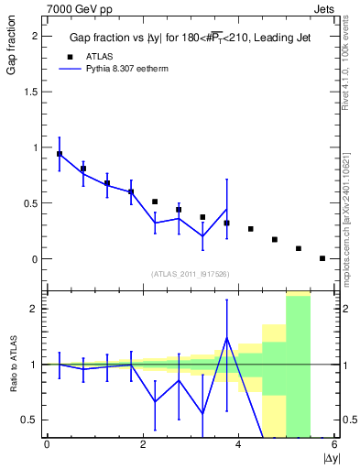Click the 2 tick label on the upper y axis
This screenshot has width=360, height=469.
pyautogui.click(x=34, y=36)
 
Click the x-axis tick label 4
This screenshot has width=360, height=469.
pyautogui.click(x=238, y=445)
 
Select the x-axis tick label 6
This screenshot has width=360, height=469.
pyautogui.click(x=334, y=445)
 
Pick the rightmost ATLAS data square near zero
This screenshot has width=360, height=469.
pyautogui.click(x=322, y=258)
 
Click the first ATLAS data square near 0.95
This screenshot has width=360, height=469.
pyautogui.click(x=60, y=154)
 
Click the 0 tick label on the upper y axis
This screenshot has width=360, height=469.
pyautogui.click(x=34, y=259)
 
